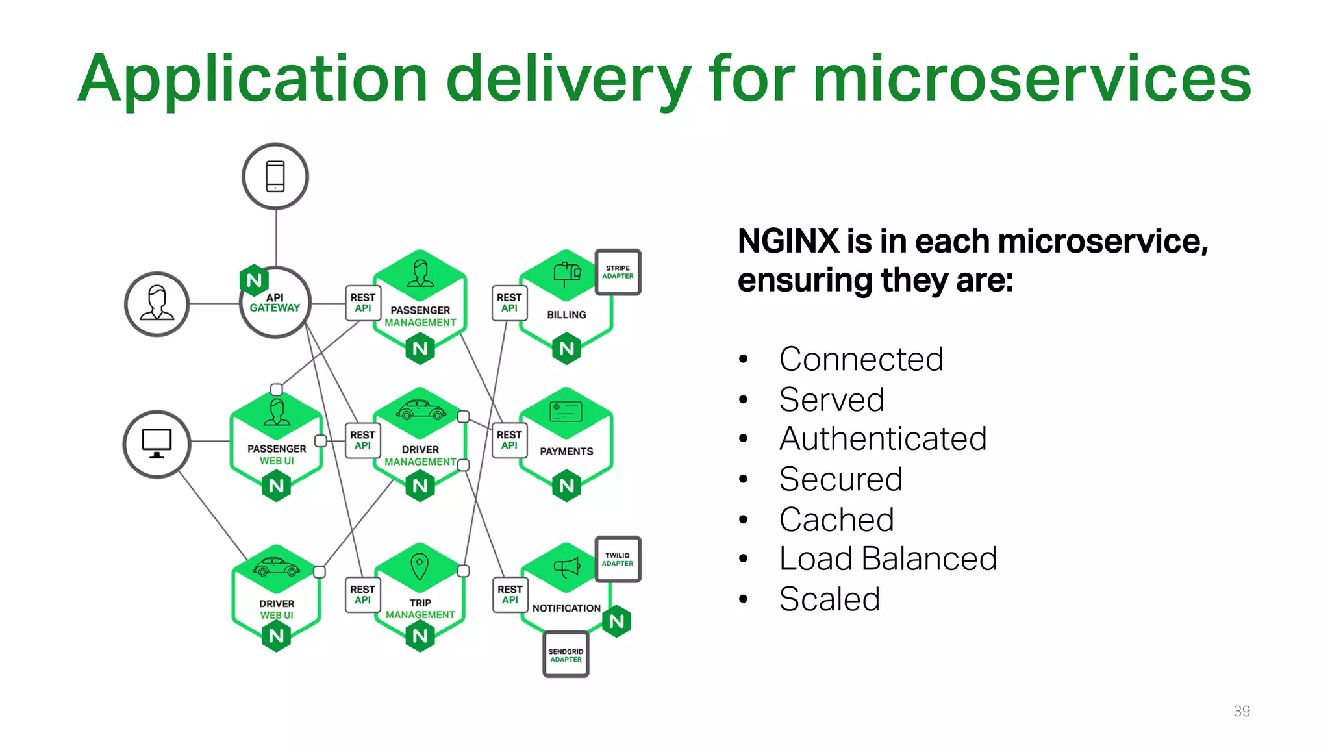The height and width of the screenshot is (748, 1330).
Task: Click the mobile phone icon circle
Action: click(275, 177)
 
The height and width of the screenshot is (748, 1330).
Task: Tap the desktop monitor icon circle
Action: click(157, 444)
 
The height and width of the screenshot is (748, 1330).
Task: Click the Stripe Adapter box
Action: click(618, 272)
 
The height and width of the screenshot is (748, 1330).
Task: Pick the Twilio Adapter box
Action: click(618, 559)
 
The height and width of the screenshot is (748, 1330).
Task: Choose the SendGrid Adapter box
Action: click(566, 654)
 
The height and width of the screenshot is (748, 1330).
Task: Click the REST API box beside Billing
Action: click(509, 303)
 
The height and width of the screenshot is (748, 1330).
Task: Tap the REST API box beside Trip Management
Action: click(362, 595)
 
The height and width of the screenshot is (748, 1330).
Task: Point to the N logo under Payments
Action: click(566, 486)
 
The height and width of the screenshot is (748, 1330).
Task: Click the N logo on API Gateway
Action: click(254, 280)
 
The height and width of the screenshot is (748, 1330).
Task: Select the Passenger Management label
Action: click(420, 316)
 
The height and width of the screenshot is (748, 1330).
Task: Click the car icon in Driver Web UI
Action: click(276, 567)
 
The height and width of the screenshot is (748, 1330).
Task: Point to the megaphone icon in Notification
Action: click(566, 567)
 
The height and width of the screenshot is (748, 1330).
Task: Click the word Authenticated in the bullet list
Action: click(883, 439)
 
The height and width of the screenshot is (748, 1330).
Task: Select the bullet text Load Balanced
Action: click(887, 559)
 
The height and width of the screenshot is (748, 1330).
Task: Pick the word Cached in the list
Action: click(836, 519)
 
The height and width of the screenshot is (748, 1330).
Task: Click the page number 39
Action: click(1241, 711)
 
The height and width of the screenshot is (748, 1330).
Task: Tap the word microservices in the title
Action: click(1031, 79)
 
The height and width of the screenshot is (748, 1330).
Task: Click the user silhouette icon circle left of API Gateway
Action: click(157, 304)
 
